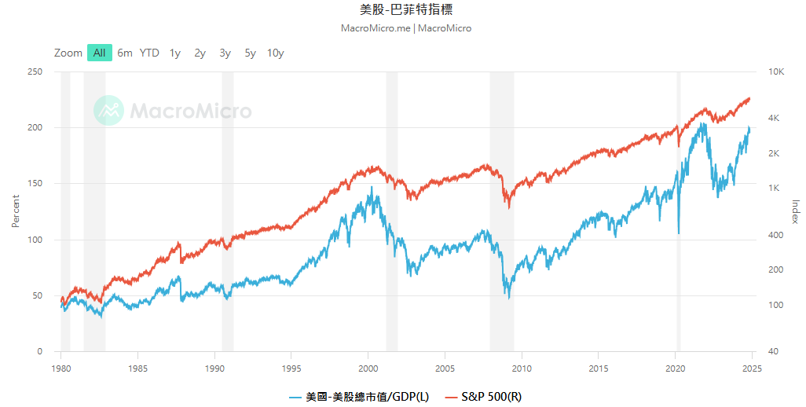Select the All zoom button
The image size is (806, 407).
click(x=99, y=53)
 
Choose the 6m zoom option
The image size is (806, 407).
click(x=125, y=53)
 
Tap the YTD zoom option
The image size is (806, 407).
click(x=149, y=53)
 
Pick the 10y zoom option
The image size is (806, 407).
click(x=275, y=53)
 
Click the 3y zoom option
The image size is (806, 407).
click(x=225, y=53)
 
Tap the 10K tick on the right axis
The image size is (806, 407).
click(x=776, y=71)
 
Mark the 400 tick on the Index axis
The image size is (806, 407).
click(x=775, y=235)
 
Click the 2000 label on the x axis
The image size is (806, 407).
click(x=368, y=367)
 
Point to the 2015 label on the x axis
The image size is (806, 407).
click(x=599, y=367)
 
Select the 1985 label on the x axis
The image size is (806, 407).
click(x=137, y=367)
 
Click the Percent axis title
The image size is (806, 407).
click(x=15, y=211)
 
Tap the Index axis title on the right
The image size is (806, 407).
click(x=794, y=211)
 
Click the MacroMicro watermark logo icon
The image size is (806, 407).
click(x=109, y=111)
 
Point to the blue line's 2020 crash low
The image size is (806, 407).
click(x=679, y=233)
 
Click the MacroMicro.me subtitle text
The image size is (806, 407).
click(x=376, y=28)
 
